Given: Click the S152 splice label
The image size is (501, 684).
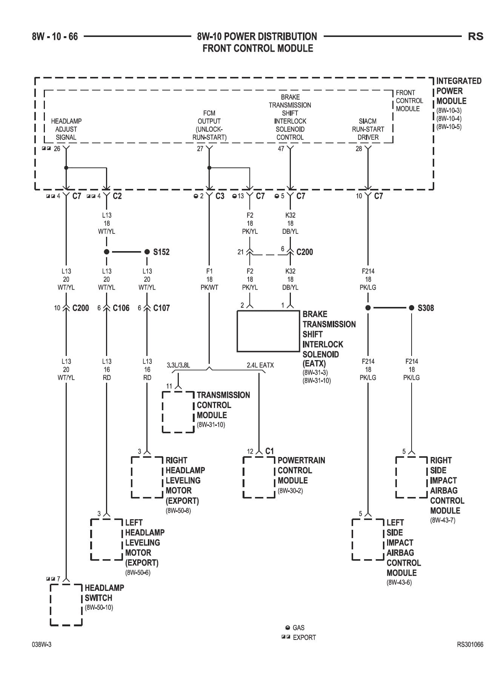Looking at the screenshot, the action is tap(161, 252).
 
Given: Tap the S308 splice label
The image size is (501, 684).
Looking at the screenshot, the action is tap(426, 308).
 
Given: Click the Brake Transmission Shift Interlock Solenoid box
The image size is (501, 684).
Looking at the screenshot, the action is tap(268, 331).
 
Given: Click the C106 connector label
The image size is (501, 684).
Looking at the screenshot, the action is tap(121, 308).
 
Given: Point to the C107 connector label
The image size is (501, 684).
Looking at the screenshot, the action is tap(161, 308).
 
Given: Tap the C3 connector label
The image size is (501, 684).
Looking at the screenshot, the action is tap(220, 196).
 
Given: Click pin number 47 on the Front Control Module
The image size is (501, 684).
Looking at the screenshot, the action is tap(281, 149).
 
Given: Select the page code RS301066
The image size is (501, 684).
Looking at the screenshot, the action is tap(470, 644).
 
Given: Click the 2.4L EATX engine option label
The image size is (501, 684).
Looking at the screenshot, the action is tap(260, 365).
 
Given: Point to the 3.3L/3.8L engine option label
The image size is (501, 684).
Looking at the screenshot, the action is tap(178, 365).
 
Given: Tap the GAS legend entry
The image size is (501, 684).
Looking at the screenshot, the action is tap(295, 628).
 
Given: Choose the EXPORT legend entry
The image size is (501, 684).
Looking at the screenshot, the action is tap(299, 638).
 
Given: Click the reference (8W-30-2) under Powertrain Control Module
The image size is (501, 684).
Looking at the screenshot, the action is tap(290, 491).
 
